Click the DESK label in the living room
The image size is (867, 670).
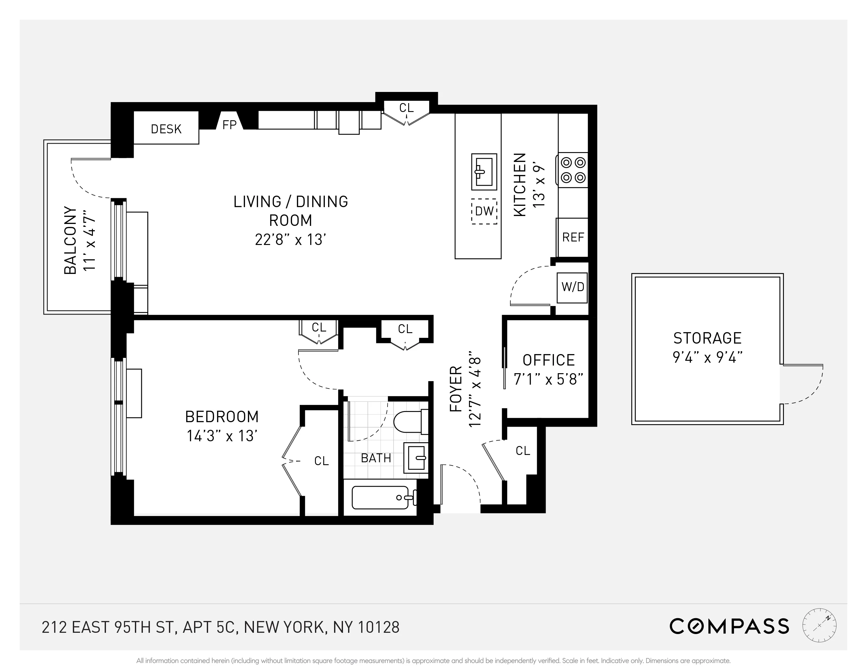pos(166,129)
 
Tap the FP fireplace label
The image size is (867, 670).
pos(229,125)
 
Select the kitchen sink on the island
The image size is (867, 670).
pos(484,172)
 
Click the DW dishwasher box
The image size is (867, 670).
pos(484,211)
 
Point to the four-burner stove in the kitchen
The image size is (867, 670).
pos(573,170)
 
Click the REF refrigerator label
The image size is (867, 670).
pos(573,237)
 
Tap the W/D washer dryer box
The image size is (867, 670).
pos(572,287)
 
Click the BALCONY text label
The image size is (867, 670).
pos(70,240)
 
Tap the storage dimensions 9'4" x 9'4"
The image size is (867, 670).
pos(707,358)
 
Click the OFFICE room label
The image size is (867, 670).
pos(549,360)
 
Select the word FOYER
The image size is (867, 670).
pos(456,389)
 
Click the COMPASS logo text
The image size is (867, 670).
pos(729,627)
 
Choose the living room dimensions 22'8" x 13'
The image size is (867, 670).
pos(290,240)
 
